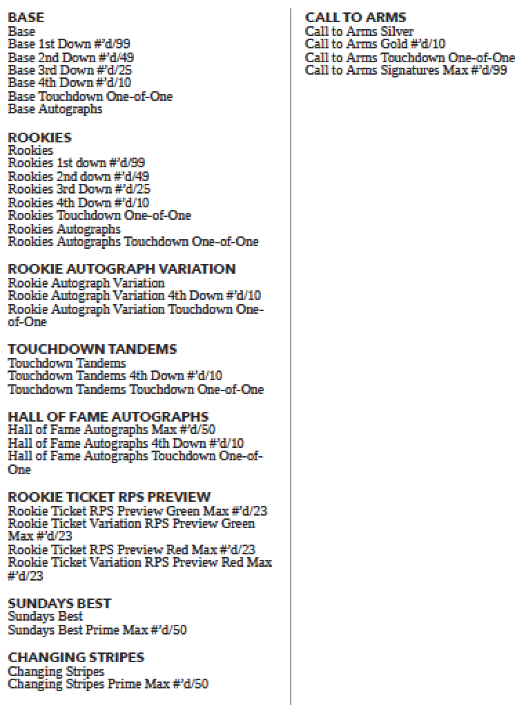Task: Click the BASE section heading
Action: click(x=26, y=17)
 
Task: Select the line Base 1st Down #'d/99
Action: click(x=69, y=44)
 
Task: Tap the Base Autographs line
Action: click(x=55, y=109)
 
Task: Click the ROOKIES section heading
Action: click(x=39, y=137)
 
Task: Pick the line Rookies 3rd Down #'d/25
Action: click(x=79, y=189)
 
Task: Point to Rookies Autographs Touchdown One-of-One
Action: click(x=133, y=242)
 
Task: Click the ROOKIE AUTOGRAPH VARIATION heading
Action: click(x=121, y=269)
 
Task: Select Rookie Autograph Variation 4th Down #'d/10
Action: click(x=135, y=296)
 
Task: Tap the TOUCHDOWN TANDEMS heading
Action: click(x=92, y=349)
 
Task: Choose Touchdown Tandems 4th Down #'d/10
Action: click(x=115, y=376)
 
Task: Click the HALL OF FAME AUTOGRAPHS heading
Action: click(x=108, y=417)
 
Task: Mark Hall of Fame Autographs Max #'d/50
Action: click(x=112, y=430)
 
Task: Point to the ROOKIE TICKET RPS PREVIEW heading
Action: click(x=109, y=497)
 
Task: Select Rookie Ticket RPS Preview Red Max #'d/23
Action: click(x=132, y=550)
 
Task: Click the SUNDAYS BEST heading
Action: click(x=59, y=603)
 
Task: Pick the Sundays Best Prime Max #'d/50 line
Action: click(x=97, y=630)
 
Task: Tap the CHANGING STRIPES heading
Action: click(x=76, y=657)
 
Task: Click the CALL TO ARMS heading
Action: click(x=355, y=17)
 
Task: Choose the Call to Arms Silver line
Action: click(x=360, y=31)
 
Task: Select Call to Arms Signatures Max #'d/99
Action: click(x=406, y=70)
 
